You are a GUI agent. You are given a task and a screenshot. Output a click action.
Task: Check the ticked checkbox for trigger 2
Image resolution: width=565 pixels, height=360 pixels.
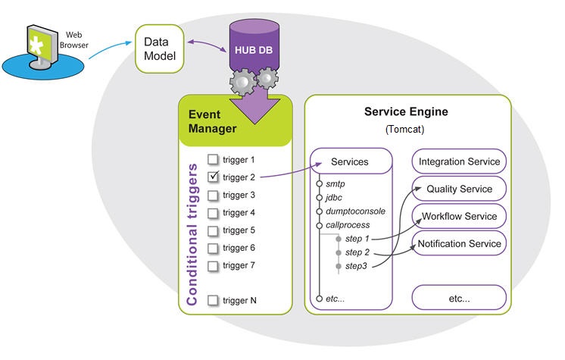(214, 177)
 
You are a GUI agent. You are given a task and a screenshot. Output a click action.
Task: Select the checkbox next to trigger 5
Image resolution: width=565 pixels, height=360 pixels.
(214, 230)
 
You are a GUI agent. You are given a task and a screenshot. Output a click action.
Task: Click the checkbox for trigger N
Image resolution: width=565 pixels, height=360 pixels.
(214, 300)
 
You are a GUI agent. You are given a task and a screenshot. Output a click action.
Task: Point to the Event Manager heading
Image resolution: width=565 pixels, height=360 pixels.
(212, 121)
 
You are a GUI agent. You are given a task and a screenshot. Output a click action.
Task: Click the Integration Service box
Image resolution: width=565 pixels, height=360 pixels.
(459, 161)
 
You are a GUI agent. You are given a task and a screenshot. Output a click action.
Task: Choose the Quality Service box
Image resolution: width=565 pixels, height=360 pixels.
(459, 189)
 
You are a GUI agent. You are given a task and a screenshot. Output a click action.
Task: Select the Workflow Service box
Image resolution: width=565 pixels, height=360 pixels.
(459, 216)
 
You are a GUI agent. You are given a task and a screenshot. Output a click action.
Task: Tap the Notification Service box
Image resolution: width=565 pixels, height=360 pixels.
(459, 243)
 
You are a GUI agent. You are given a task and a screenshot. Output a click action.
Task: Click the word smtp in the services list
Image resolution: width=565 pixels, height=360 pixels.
(336, 183)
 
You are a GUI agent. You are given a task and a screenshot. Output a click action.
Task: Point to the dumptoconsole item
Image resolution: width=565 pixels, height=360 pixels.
(356, 211)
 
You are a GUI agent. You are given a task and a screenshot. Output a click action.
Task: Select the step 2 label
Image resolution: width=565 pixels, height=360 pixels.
(357, 252)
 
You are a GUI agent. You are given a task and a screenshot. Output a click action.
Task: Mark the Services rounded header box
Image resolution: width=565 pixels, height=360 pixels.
(350, 161)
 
